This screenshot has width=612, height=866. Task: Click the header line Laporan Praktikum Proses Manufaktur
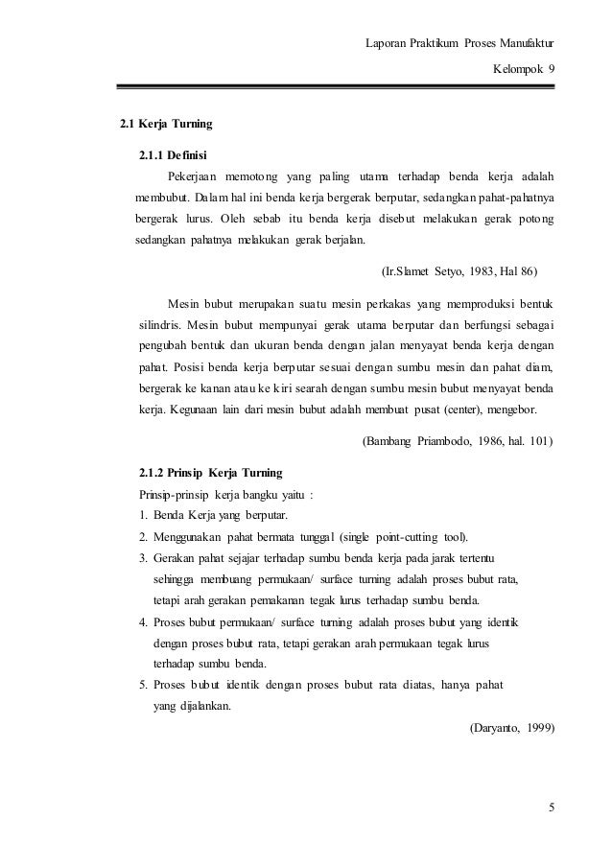pyautogui.click(x=461, y=44)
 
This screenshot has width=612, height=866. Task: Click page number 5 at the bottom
pyautogui.click(x=551, y=806)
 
